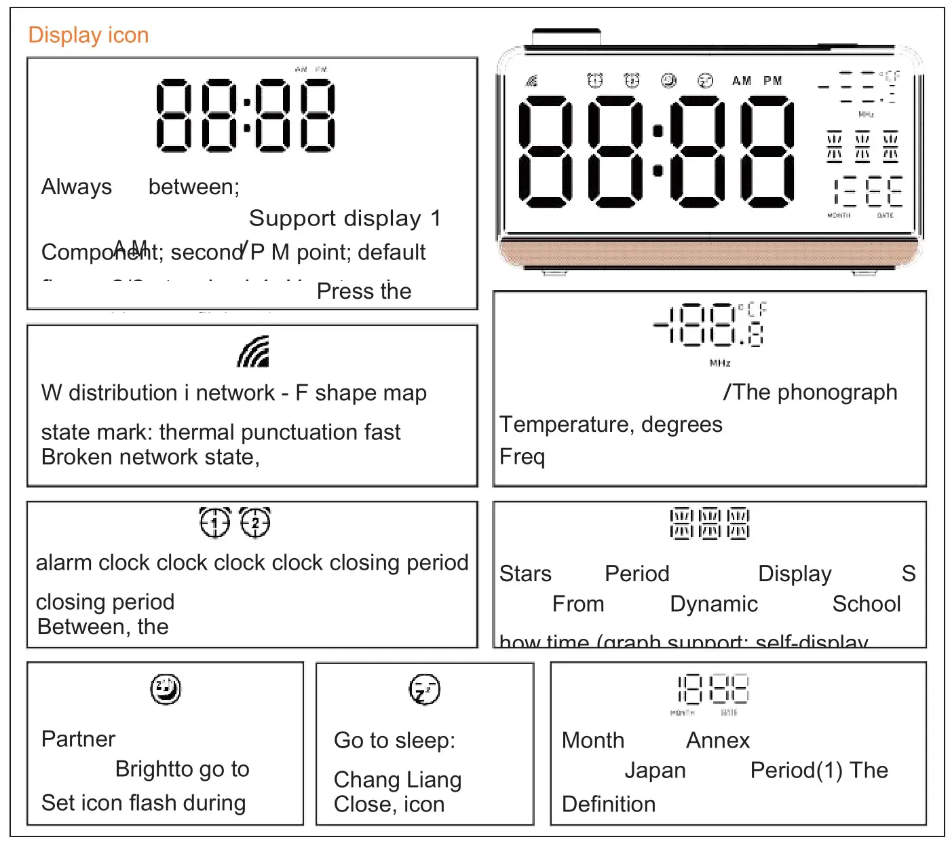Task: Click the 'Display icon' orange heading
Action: tap(88, 35)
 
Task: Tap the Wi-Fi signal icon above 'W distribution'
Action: tap(253, 352)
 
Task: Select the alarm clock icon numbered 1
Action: tap(215, 522)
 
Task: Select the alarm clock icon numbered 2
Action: tap(255, 522)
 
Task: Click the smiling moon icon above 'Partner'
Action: tap(166, 689)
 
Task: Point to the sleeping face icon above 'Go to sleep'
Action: tap(425, 690)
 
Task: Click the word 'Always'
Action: tap(77, 187)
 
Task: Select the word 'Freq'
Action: tap(522, 456)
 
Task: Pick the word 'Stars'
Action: tap(525, 574)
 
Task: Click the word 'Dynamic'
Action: tap(713, 604)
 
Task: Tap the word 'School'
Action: tap(866, 604)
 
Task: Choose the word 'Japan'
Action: tap(655, 771)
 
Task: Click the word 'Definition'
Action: tap(609, 805)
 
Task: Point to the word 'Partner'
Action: tap(78, 739)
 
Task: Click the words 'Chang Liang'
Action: tap(398, 780)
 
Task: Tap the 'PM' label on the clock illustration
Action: tap(773, 81)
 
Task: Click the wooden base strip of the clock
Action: tap(709, 253)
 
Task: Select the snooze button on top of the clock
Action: tap(567, 37)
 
